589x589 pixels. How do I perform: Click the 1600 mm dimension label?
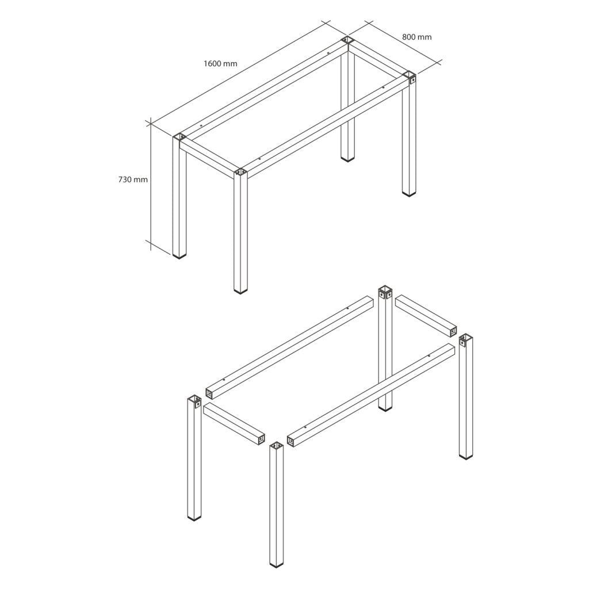click(220, 63)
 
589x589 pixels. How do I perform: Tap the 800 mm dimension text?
click(417, 37)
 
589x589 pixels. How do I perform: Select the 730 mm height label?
click(133, 179)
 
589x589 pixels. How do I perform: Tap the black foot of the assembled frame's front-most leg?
click(240, 291)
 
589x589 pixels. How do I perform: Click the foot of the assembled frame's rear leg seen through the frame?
click(347, 158)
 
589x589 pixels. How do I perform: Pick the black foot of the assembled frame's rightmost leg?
click(408, 194)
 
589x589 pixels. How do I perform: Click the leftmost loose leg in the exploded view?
click(194, 460)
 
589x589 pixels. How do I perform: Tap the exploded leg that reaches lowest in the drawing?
click(277, 512)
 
